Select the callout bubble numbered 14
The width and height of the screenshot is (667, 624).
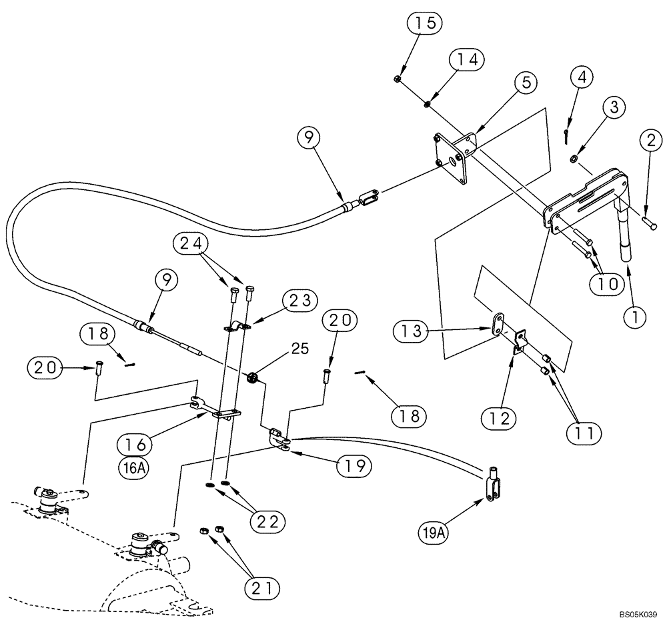(x=466, y=59)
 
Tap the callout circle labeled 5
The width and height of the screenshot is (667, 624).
(x=526, y=83)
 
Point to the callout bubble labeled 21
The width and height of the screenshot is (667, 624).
(x=261, y=587)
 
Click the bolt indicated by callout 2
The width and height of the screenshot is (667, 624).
(x=650, y=225)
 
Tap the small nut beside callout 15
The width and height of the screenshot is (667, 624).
(x=398, y=79)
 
